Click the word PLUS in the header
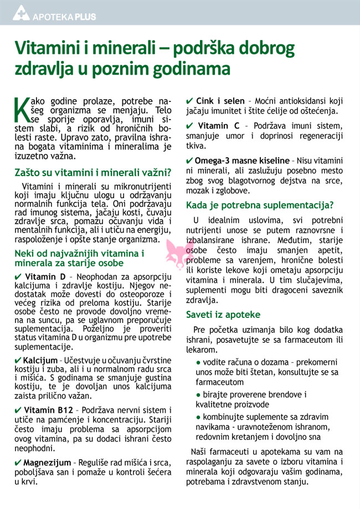(x=84, y=17)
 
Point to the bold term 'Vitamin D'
(x=45, y=276)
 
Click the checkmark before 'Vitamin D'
(x=19, y=276)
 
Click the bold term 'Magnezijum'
(x=48, y=462)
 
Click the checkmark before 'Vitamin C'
(x=189, y=125)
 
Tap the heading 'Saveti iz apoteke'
(x=223, y=315)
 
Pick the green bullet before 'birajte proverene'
(x=198, y=395)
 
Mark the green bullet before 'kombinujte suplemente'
(x=198, y=417)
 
